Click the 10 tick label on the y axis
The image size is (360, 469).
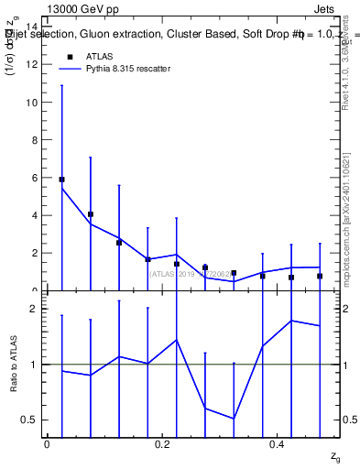point(32,103)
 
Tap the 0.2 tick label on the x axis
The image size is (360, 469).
point(163,444)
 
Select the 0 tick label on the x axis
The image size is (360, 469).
point(47,444)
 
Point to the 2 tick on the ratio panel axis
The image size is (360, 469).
point(35,309)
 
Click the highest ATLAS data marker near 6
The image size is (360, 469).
point(61,180)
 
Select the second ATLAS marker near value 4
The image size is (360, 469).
point(91,214)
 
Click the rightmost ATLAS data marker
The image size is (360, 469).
point(320,276)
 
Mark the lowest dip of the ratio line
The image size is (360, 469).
point(234,419)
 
